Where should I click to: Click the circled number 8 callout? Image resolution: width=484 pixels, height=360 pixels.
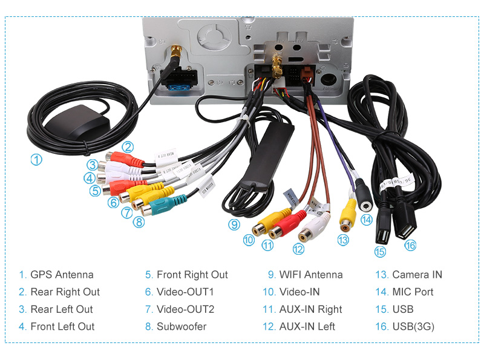click(139, 222)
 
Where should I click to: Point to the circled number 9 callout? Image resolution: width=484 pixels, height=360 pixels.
click(234, 224)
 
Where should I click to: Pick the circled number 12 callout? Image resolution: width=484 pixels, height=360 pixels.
click(298, 248)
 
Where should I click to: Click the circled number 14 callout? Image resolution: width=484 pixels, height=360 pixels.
click(365, 220)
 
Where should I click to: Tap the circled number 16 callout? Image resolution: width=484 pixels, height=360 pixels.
click(411, 245)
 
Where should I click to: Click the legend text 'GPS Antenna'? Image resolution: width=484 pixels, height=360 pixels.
click(62, 275)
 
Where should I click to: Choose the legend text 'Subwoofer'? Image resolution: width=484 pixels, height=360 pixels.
click(181, 327)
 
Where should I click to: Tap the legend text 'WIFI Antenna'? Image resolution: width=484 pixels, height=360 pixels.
click(310, 275)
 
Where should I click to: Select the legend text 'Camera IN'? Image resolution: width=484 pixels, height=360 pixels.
click(417, 275)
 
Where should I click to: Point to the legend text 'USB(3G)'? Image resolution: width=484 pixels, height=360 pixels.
click(413, 327)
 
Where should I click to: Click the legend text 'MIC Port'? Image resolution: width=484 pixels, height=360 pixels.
click(413, 292)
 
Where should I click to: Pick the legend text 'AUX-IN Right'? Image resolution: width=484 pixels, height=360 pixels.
click(310, 309)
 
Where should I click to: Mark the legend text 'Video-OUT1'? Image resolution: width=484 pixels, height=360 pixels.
click(185, 292)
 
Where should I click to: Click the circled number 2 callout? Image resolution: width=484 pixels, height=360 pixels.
click(127, 146)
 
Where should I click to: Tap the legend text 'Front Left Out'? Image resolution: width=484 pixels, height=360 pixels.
click(62, 327)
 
